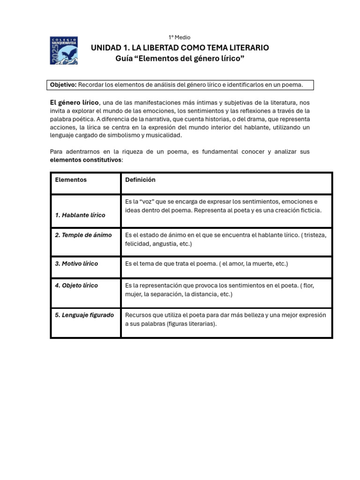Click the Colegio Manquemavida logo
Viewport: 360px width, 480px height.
pos(64,50)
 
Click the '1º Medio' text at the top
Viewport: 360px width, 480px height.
pos(180,37)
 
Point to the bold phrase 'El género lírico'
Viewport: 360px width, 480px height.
pos(74,103)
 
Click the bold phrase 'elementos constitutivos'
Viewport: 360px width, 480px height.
pos(85,159)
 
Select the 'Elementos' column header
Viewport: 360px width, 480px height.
pos(71,180)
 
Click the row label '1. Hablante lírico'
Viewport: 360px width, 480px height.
pos(80,215)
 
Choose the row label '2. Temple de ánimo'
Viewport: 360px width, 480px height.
pos(83,235)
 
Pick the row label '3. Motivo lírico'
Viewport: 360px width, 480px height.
pos(77,264)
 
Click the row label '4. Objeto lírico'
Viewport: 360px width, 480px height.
pos(77,285)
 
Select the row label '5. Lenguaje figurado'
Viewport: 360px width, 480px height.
pos(84,315)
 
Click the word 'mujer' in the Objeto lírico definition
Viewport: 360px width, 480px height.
pos(133,294)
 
